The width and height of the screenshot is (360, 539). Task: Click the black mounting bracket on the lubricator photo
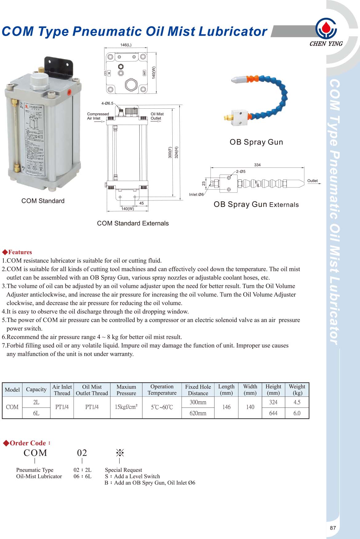pyautogui.click(x=58, y=66)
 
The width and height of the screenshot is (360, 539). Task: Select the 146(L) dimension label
pyautogui.click(x=126, y=45)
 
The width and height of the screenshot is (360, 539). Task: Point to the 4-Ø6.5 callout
pyautogui.click(x=107, y=103)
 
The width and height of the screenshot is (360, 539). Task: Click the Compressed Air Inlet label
pyautogui.click(x=98, y=116)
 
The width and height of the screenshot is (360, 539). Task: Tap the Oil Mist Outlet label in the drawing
pyautogui.click(x=157, y=116)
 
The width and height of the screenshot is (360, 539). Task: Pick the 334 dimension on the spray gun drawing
pyautogui.click(x=257, y=165)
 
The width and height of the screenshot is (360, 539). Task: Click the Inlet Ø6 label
pyautogui.click(x=196, y=195)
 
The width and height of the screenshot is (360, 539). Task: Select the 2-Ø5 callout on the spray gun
pyautogui.click(x=241, y=171)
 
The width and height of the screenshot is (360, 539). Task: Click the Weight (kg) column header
pyautogui.click(x=297, y=390)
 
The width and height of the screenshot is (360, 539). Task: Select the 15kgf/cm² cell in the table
pyautogui.click(x=126, y=407)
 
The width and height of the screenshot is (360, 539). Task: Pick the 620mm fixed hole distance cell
pyautogui.click(x=198, y=413)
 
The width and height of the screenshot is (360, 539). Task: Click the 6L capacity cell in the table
pyautogui.click(x=36, y=413)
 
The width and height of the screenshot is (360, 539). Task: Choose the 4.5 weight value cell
pyautogui.click(x=297, y=402)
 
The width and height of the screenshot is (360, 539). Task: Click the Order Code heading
pyautogui.click(x=28, y=443)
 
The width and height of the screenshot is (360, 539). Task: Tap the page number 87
pyautogui.click(x=333, y=528)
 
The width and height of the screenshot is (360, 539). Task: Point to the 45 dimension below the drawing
pyautogui.click(x=142, y=203)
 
